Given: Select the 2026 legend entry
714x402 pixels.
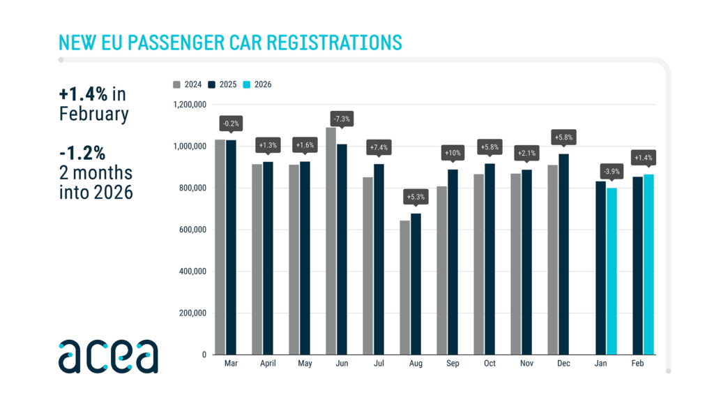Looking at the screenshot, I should (258, 84).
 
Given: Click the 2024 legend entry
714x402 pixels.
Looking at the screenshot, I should (188, 84).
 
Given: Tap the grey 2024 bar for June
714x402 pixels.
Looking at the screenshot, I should (331, 241).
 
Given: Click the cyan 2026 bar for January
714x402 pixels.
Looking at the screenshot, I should (612, 271).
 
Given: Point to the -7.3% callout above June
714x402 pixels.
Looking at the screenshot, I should (342, 119).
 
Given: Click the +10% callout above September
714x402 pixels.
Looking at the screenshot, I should (453, 152).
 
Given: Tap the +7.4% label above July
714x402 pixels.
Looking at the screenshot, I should (379, 147).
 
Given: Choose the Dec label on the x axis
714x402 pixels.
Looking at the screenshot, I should (563, 364).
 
